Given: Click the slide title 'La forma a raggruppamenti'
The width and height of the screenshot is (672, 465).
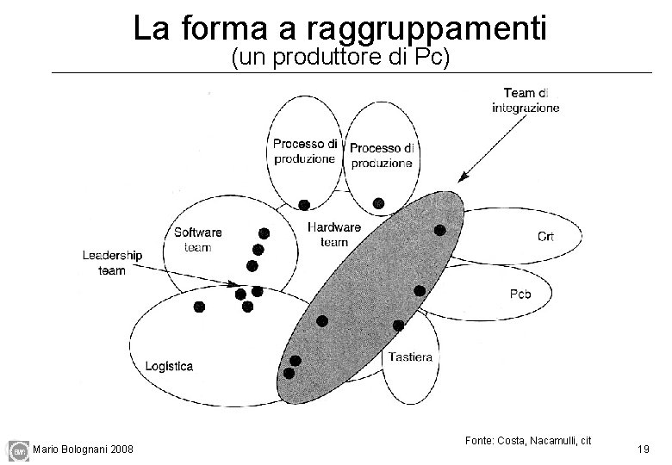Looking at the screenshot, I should coord(339,28).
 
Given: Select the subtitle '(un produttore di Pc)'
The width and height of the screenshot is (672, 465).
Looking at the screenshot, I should coord(339,59).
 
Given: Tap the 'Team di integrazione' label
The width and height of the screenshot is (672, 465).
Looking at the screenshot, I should coord(526,100).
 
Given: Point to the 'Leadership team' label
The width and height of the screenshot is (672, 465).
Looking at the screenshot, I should coord(112,263).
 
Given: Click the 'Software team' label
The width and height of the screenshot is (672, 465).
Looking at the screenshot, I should coord(198,239).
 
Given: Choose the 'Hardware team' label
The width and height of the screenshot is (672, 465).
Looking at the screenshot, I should coord(333,234).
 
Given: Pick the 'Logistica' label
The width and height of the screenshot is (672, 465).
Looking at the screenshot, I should coord(169,366).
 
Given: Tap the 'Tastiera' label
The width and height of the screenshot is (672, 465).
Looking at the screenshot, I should coord(411,356).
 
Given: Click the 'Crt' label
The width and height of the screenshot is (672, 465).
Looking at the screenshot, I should coord(545,236).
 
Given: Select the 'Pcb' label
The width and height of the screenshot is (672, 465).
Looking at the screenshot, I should coord(520,294).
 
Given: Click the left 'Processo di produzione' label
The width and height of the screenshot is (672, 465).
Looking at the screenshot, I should coord(306,151).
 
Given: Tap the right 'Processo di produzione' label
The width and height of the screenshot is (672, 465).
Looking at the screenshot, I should coord(382,155).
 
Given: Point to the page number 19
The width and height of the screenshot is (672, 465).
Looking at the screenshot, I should coord(643,449).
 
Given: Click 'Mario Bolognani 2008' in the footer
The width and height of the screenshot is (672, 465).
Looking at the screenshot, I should coord(83,449).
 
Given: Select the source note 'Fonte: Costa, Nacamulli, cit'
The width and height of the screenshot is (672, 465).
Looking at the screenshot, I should coord(527,441).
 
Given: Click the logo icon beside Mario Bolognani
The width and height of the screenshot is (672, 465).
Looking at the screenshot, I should coord(17,449).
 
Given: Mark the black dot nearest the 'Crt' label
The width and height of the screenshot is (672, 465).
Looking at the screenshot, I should coord(439,230).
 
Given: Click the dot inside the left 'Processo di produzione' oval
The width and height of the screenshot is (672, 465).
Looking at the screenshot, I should coord(303,204).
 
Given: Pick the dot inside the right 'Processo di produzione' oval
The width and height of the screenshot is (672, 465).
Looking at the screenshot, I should coord(378,203).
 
